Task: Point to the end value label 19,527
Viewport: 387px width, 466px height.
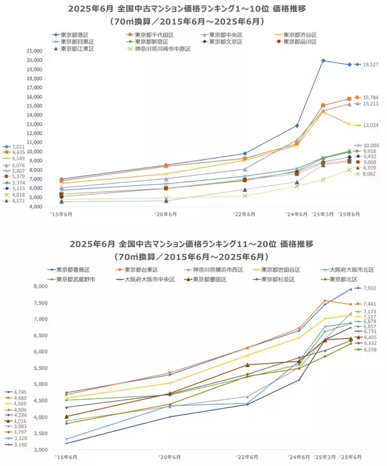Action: (370, 64)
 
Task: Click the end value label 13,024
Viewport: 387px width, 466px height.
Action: (370, 125)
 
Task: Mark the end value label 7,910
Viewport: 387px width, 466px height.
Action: (370, 288)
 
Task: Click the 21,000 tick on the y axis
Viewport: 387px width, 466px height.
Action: (33, 51)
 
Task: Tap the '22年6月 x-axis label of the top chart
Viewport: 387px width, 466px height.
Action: (244, 214)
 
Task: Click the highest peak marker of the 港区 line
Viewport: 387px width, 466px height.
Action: (323, 61)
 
